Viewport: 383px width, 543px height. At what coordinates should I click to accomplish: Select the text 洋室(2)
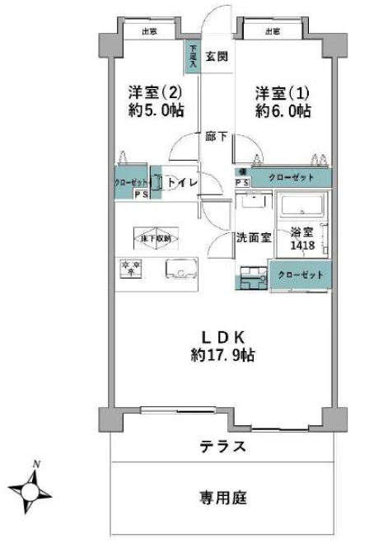[153, 91]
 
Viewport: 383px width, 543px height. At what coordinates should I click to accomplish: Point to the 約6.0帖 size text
[283, 111]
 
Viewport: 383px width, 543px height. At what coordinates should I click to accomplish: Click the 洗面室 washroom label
[253, 238]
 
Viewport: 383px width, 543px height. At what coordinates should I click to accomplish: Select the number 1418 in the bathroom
[301, 245]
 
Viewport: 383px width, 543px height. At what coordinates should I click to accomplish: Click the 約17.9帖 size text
[222, 356]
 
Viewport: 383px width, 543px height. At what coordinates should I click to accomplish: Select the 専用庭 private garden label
[222, 498]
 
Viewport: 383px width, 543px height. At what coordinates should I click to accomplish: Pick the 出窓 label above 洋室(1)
[273, 31]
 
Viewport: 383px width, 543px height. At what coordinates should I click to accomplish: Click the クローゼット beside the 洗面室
[300, 274]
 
